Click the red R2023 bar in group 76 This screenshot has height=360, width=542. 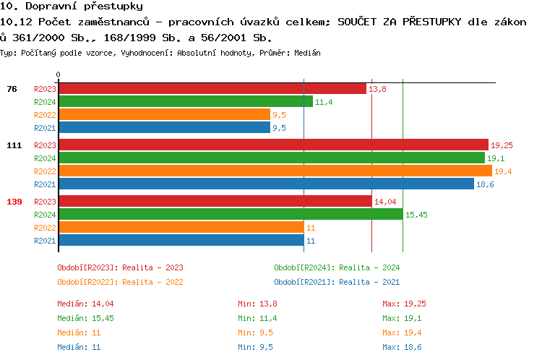point(212,88)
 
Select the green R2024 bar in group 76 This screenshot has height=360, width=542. point(185,101)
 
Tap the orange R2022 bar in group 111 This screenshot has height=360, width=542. point(275,171)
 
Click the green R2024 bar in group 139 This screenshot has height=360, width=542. point(230,214)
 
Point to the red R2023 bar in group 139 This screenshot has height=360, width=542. point(215,201)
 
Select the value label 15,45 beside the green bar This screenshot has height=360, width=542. point(416,215)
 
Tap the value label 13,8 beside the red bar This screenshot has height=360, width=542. point(377,89)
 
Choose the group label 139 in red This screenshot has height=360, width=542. point(14,201)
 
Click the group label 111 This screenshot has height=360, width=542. point(14,145)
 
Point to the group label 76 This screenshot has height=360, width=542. point(12,89)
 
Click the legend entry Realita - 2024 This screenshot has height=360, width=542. point(337,267)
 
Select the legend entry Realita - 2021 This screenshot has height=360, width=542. point(337,282)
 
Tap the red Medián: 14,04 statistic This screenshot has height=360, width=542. point(85,304)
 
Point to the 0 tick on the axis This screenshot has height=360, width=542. point(59,74)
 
